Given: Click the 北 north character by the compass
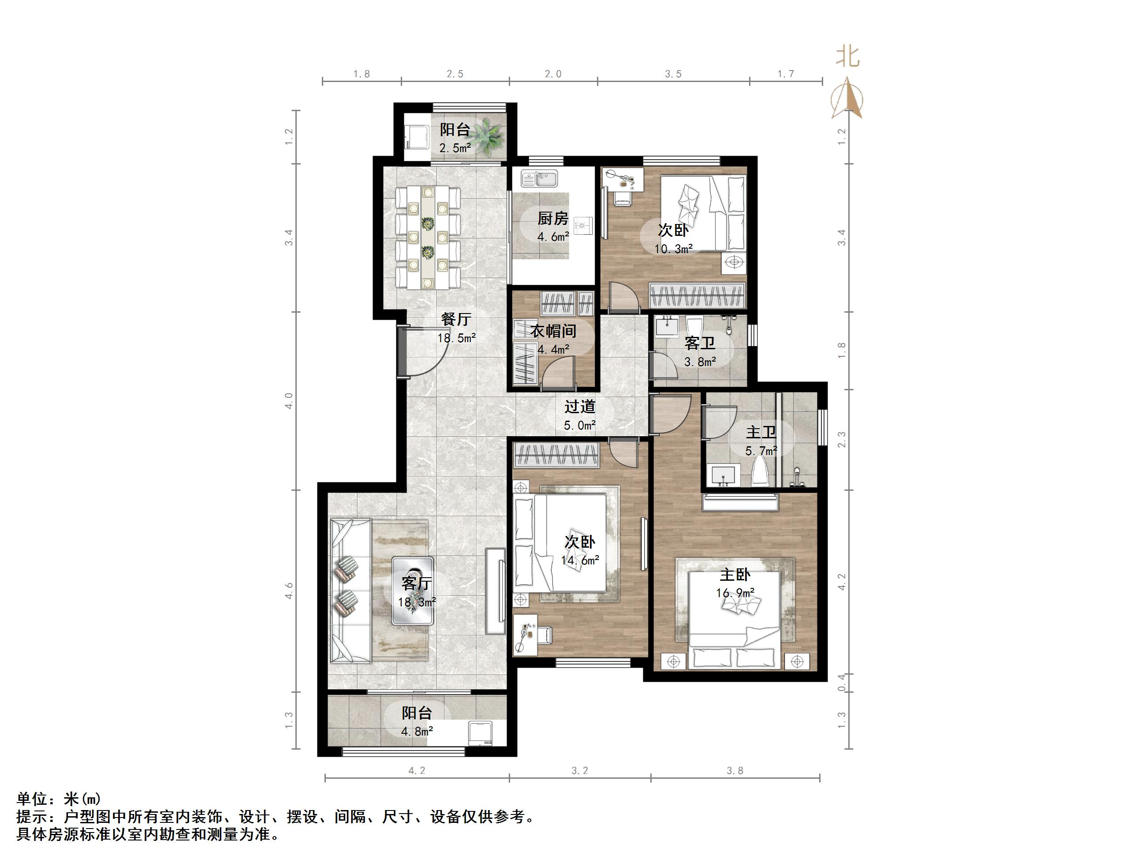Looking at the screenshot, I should tap(847, 56).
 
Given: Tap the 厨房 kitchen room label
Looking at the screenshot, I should tap(553, 219).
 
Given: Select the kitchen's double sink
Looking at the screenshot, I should tap(539, 179).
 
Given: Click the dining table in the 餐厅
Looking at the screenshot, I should tap(428, 237).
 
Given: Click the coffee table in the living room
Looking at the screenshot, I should tap(413, 590).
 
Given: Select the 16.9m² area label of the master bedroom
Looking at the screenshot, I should tap(735, 593).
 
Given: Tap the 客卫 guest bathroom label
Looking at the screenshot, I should tap(700, 343).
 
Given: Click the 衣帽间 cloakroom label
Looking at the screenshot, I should tap(553, 331).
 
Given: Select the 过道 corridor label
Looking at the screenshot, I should tap(580, 407).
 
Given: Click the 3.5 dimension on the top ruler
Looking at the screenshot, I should tap(673, 74).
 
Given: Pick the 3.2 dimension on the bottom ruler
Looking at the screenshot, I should tap(580, 771).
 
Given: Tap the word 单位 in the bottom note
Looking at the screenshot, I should tap(32, 799).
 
